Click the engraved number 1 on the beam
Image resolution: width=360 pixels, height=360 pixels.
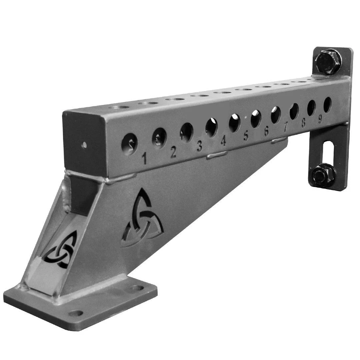click(x=144, y=158)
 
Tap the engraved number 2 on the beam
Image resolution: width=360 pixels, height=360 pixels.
click(x=173, y=152)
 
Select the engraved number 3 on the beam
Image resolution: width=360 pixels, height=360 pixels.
click(x=200, y=146)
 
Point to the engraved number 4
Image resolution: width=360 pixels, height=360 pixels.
click(x=223, y=141)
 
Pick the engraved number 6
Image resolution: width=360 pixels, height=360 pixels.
click(x=266, y=131)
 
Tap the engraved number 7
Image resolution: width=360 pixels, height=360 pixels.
click(x=286, y=127)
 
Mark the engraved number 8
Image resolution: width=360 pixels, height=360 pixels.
click(x=303, y=123)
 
